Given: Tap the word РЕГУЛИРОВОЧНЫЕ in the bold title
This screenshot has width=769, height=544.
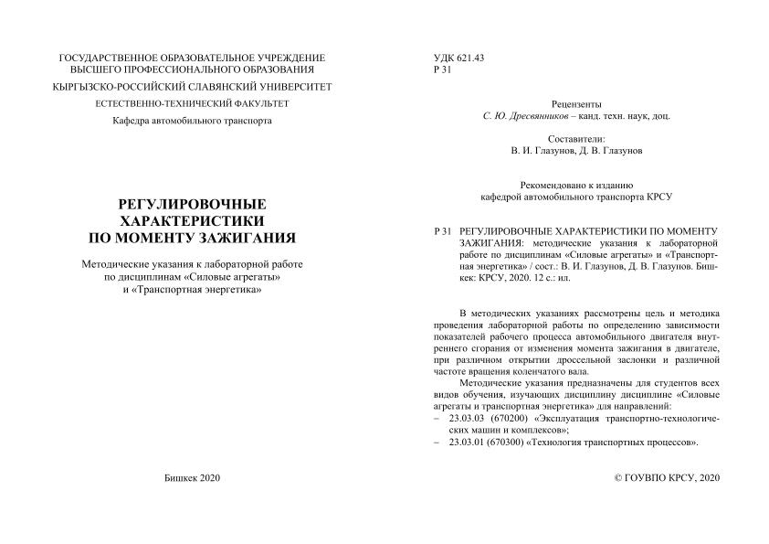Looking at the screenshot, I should [x=192, y=203].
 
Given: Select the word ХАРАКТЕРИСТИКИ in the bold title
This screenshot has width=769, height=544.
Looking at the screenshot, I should [x=192, y=220].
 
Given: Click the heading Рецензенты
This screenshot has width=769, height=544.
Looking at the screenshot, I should [x=577, y=105].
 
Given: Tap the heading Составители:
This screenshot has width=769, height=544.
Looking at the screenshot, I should [x=577, y=137].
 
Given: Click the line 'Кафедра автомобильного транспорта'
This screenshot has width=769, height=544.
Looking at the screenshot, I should [x=192, y=121].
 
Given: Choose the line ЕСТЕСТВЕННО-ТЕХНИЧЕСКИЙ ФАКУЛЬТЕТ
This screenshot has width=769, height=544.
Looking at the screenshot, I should [x=192, y=104].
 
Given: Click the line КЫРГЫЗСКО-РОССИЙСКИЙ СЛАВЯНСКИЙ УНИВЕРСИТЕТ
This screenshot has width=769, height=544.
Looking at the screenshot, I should [x=192, y=87].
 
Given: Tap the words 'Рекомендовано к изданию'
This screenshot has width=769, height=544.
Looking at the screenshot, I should [x=577, y=184].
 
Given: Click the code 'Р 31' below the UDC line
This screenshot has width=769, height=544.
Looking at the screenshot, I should [x=440, y=70].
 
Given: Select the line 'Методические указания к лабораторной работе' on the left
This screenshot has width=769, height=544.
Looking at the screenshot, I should [x=192, y=263].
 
